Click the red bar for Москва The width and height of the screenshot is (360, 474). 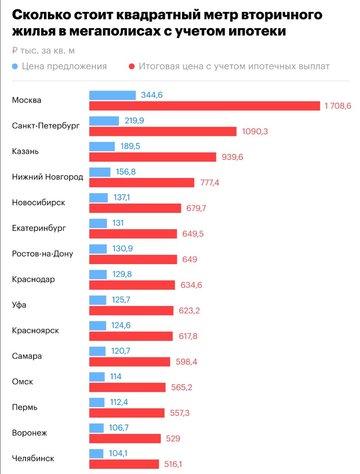[x=204, y=106]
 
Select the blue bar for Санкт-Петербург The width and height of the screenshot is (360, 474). [x=104, y=121]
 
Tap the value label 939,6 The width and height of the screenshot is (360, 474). [x=232, y=157]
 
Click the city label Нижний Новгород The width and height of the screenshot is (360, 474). [x=48, y=177]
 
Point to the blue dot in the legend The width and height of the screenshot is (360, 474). [x=15, y=66]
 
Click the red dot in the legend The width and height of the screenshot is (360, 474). [x=131, y=66]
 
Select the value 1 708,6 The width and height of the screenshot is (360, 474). [x=337, y=106]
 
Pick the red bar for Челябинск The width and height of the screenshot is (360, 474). [x=124, y=464]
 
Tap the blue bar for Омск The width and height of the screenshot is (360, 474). [x=97, y=377]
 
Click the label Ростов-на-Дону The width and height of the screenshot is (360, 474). [x=42, y=254]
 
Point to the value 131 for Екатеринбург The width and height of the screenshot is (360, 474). [x=118, y=223]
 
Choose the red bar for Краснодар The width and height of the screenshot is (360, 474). [x=132, y=285]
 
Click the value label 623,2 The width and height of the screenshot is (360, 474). [x=189, y=311]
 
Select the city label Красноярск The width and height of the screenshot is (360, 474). [x=35, y=331]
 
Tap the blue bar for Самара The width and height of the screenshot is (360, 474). [x=97, y=351]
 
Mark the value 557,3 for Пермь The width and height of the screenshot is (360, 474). [x=180, y=413]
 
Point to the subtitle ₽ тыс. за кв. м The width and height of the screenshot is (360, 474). [x=43, y=51]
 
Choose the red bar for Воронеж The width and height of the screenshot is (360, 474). [x=125, y=439]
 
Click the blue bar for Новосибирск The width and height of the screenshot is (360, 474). [x=98, y=198]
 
